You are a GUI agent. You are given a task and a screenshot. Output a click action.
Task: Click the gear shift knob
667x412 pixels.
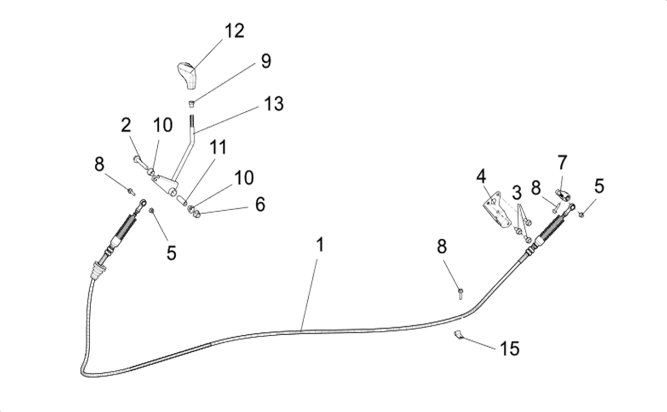[x=187, y=76]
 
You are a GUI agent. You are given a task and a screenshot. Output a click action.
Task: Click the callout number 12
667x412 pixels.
[x=235, y=30]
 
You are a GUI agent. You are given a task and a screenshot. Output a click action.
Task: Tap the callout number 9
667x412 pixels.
[x=266, y=62]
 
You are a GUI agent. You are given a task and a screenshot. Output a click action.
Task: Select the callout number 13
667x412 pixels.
[x=274, y=104]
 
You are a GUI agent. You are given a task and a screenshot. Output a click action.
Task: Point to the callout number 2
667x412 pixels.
[x=126, y=125]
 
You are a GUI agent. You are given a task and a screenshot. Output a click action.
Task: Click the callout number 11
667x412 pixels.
[x=218, y=147]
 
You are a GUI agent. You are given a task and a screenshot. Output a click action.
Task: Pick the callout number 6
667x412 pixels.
[x=260, y=204]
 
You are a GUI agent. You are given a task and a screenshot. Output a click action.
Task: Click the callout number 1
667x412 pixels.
[x=320, y=245]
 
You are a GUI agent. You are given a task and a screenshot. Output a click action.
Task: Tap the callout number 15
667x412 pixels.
[x=510, y=348]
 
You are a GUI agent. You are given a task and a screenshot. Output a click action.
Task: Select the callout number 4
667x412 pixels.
[x=481, y=177]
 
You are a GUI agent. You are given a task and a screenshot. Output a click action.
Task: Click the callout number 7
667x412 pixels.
[x=562, y=163]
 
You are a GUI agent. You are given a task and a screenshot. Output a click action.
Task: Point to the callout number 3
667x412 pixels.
[x=517, y=193]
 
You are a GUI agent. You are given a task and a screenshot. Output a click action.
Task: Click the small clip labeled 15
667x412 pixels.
[x=458, y=334]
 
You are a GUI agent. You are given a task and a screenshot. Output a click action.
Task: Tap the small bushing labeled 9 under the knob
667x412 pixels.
[x=192, y=104]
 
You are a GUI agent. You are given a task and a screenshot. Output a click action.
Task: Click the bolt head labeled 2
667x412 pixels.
[x=137, y=159]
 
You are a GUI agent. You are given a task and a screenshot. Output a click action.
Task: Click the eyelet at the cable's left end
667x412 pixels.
[x=143, y=202]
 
